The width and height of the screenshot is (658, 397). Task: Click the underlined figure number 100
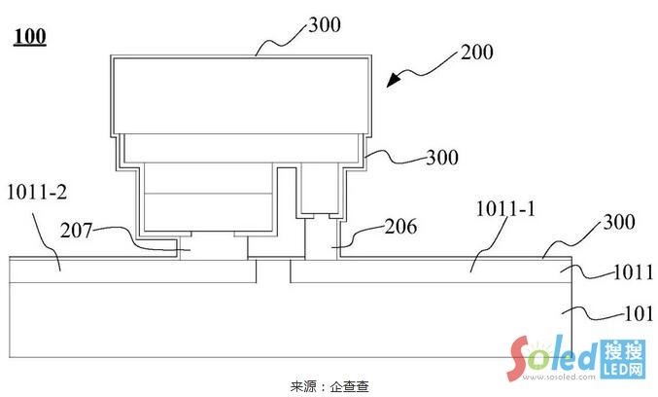29,39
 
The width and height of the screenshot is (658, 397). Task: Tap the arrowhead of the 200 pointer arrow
391,86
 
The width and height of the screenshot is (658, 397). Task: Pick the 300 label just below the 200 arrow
440,156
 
